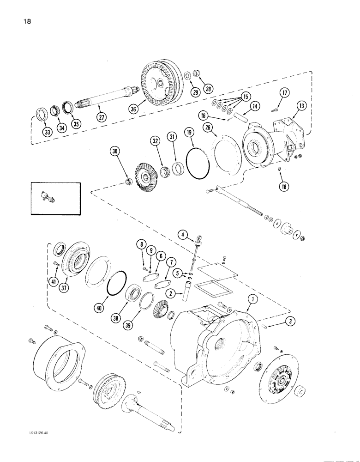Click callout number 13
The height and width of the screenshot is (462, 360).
[301, 106]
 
